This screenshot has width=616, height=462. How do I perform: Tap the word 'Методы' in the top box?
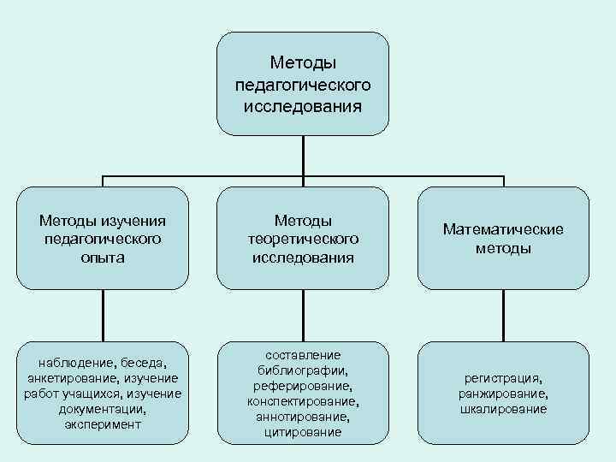(303, 62)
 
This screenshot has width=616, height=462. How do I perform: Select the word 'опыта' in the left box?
(103, 258)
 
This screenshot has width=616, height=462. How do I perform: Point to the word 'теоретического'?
(303, 239)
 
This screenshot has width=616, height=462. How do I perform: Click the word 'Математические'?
(503, 229)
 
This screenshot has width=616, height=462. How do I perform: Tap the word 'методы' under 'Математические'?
(503, 248)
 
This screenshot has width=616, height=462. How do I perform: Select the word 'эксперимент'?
(103, 424)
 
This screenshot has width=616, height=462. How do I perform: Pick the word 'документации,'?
(103, 409)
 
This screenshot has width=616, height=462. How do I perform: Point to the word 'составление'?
(303, 355)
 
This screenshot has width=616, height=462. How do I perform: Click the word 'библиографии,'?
(303, 370)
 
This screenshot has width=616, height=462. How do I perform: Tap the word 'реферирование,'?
(303, 386)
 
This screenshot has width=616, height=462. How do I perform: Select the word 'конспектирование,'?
(303, 401)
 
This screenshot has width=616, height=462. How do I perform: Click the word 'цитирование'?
(303, 432)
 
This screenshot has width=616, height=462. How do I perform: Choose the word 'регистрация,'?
(503, 378)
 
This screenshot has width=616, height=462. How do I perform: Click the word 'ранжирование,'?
(503, 394)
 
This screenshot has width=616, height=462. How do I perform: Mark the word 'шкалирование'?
(503, 409)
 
